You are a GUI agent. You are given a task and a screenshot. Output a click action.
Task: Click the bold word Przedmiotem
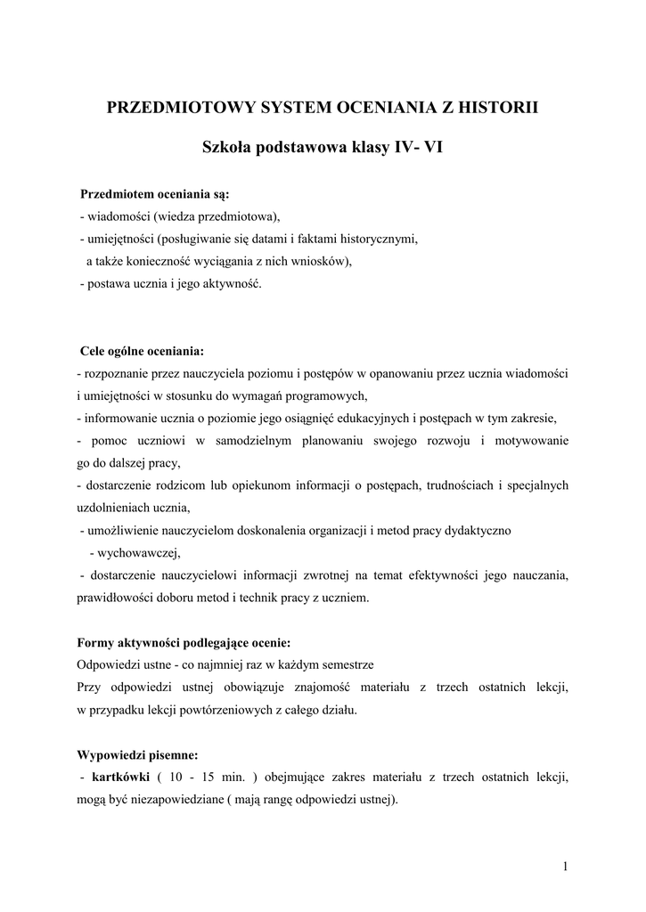click(x=117, y=193)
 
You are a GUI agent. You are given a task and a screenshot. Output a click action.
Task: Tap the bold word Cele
click(x=94, y=350)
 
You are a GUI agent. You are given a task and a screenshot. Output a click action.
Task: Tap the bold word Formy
click(x=95, y=642)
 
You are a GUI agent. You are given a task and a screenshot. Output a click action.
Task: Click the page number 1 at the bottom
click(x=566, y=867)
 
